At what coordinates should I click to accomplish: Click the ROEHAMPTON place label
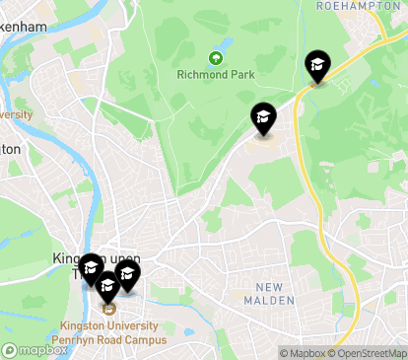pos(347,6)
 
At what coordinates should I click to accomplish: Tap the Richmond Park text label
pos(215,74)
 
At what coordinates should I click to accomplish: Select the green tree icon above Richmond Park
pos(215,57)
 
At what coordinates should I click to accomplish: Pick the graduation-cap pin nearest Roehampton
pos(317,67)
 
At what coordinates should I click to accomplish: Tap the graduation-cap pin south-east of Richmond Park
pos(263,118)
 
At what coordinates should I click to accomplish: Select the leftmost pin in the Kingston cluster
pos(91,268)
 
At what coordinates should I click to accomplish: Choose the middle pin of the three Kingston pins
pos(107,285)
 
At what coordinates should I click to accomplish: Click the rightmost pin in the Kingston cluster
pos(127,275)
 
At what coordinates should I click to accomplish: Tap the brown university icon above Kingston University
pos(108,307)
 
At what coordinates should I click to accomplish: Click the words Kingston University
pos(108,324)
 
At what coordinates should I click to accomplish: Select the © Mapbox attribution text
pos(302,353)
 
